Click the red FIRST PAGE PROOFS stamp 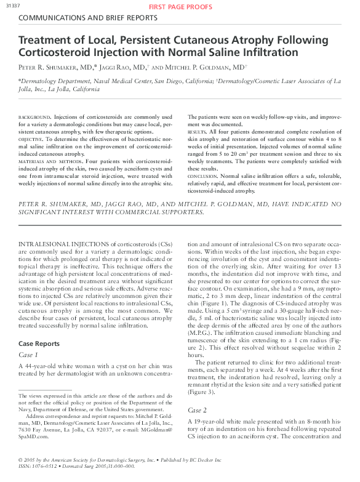tap(180, 7)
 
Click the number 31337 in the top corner tap(10, 6)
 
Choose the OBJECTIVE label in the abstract tap(31, 139)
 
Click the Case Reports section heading tap(39, 343)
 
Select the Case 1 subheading tap(28, 355)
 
